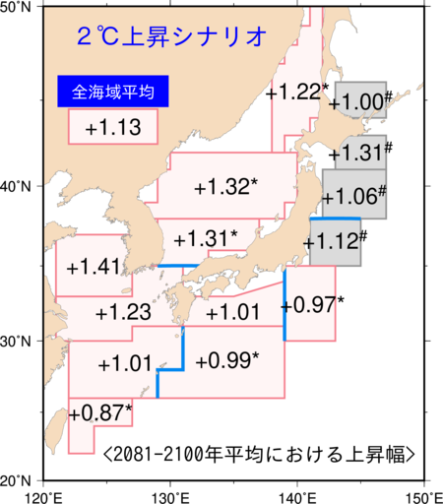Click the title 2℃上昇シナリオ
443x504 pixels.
point(171,37)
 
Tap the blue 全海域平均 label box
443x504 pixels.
point(111,93)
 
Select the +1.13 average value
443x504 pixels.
point(112,127)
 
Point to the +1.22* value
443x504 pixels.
point(295,92)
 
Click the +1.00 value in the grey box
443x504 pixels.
point(358,102)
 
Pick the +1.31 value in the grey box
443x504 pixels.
point(362,153)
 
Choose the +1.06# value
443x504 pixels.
point(353,196)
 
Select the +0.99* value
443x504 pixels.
point(227,360)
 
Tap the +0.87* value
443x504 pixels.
point(102,412)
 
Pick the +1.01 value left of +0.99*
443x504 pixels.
point(125,364)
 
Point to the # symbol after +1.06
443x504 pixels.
point(381,190)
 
